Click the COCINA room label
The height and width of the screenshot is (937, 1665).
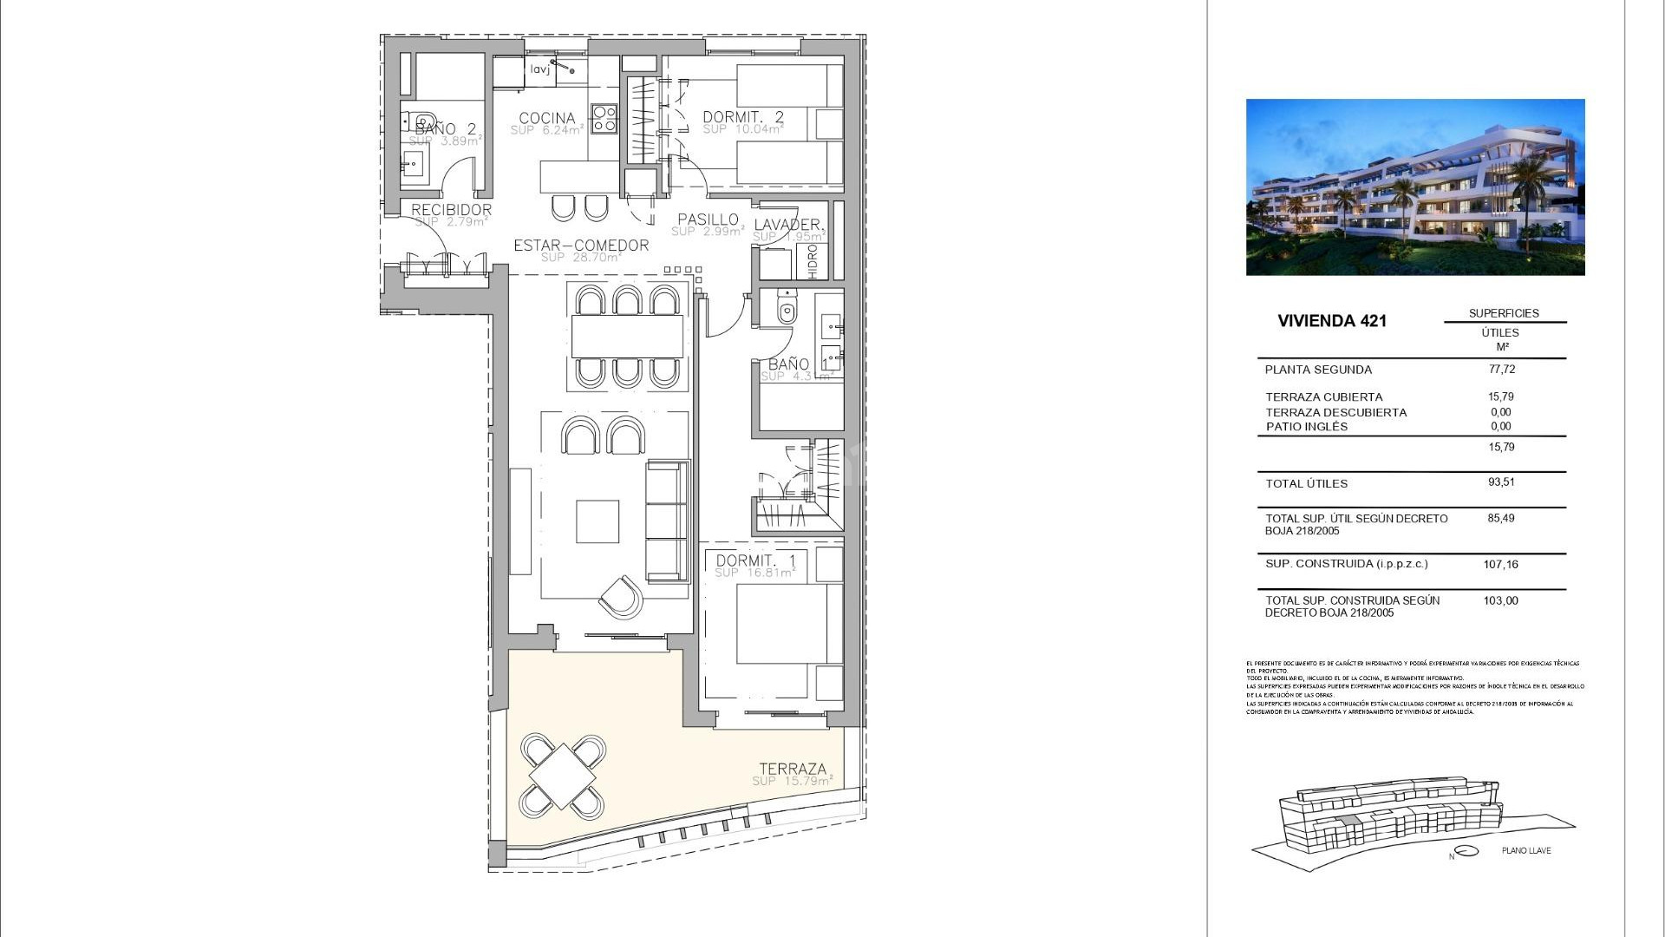point(546,118)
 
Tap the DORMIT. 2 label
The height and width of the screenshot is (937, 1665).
point(742,117)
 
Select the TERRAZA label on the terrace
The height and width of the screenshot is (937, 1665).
point(793,769)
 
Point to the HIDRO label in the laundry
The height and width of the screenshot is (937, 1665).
point(813,261)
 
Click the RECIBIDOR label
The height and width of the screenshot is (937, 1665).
point(451,210)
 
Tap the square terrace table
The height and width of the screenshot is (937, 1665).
point(562,776)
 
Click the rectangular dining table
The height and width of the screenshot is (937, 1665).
point(627,336)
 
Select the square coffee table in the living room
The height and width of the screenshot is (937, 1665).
point(597,521)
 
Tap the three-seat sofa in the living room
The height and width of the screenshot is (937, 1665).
point(667,521)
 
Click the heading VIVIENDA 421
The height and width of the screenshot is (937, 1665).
point(1332,321)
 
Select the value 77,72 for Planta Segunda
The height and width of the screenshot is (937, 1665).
point(1502,369)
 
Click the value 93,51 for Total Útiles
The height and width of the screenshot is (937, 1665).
point(1502,482)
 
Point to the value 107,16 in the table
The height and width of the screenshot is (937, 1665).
point(1500,564)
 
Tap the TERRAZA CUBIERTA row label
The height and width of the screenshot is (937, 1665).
point(1323,397)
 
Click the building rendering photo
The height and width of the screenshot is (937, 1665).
point(1415,187)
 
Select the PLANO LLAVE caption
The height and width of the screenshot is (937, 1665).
point(1526,850)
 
